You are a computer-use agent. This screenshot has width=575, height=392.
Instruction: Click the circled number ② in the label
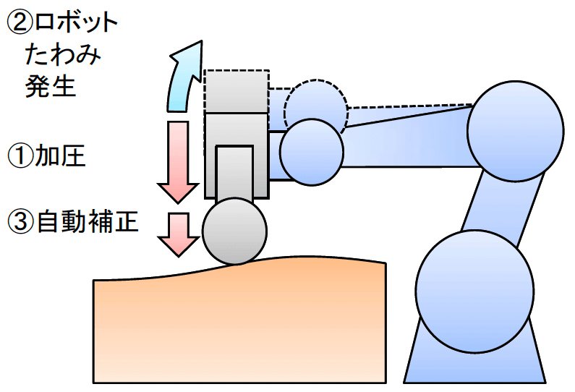coord(18,22)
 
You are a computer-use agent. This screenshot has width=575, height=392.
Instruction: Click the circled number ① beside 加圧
coord(20,155)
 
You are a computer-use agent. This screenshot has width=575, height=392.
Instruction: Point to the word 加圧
coord(61,155)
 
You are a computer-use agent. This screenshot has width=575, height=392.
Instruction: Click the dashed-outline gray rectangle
coord(237,90)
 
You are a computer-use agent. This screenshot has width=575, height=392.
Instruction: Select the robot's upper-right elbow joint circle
coord(515,130)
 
